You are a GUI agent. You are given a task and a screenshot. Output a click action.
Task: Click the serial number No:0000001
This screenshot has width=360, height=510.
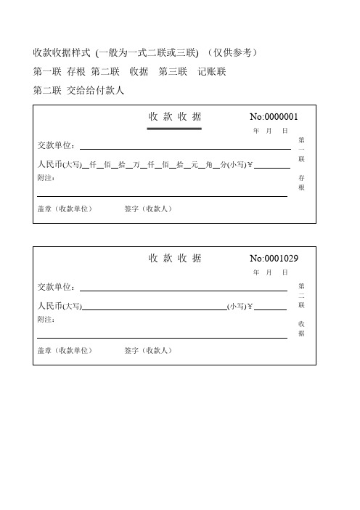coord(274,116)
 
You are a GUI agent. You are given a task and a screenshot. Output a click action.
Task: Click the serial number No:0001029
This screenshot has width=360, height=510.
coord(274,258)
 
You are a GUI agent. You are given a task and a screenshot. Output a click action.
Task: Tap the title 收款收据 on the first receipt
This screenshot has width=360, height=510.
coord(175,116)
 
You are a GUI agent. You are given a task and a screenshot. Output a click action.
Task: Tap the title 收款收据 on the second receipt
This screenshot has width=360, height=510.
coord(175,258)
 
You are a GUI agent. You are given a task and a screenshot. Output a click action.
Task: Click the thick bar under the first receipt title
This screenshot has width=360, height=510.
coord(174,129)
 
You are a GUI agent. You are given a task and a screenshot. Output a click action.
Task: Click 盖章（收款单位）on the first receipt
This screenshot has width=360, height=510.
coord(65,209)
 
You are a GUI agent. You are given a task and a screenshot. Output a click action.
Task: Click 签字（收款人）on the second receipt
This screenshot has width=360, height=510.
coord(148,350)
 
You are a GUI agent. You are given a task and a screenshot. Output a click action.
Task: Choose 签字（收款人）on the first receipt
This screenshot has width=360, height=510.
coord(148,209)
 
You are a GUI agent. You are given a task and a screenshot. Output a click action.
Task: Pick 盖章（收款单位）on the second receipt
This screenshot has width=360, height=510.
coord(65,350)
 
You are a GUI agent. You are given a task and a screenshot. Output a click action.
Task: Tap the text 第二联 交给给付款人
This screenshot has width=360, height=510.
coord(80,90)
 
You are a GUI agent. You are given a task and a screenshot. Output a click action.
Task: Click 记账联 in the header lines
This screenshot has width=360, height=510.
coord(211,71)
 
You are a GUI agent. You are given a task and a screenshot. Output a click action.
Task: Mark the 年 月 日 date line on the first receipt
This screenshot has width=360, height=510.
coord(270,130)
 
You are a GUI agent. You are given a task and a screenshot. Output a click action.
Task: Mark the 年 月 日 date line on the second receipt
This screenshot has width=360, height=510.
coord(270,272)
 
